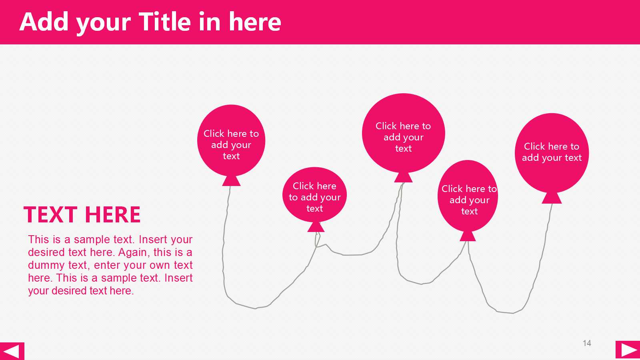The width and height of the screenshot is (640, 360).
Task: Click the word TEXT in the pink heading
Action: [50, 214]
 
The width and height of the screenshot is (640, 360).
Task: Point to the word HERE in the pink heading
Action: [112, 214]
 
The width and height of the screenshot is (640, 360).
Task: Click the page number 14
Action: [587, 343]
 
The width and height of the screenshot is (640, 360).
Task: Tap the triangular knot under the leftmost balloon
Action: [232, 181]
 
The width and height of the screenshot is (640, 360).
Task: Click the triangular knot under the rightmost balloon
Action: [552, 198]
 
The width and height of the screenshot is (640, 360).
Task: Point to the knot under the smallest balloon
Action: [316, 227]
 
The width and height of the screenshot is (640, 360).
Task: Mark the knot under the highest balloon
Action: [404, 178]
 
